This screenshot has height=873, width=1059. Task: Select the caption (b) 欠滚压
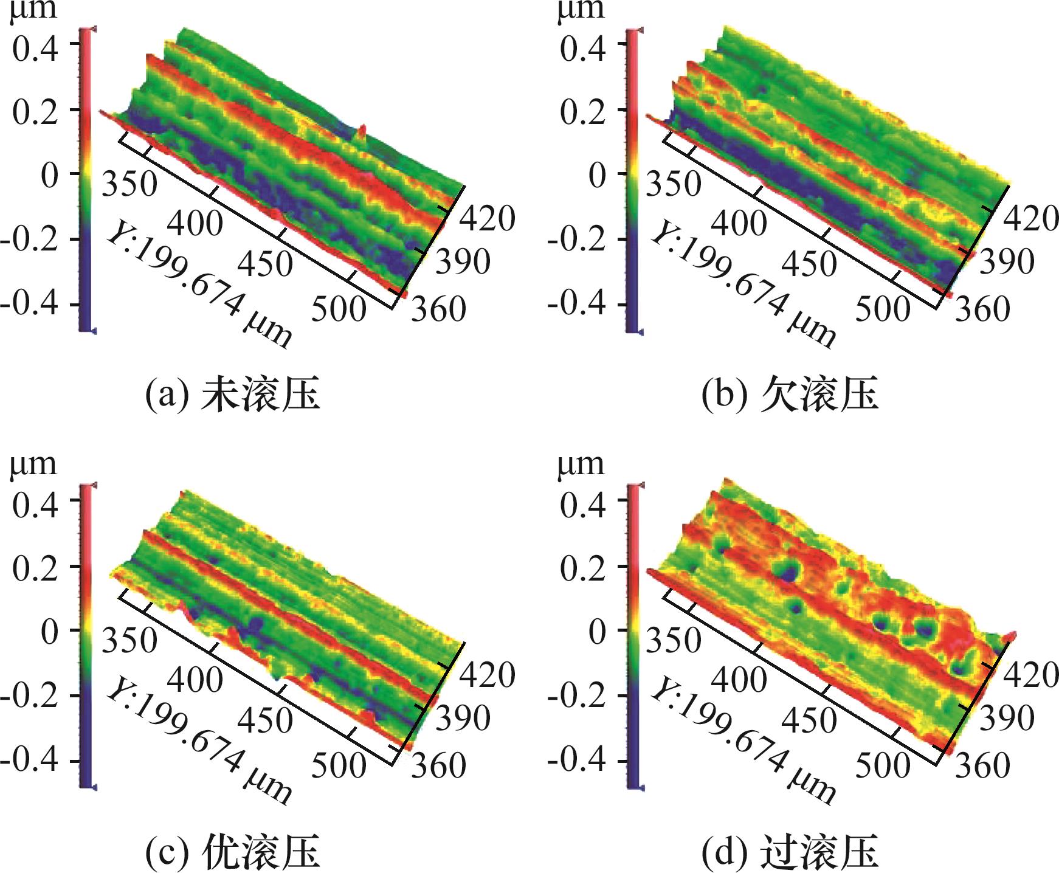[789, 395]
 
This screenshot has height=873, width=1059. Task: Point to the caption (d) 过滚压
[789, 851]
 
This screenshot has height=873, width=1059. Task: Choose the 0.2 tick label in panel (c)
[35, 568]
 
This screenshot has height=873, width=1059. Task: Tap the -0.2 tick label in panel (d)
[576, 695]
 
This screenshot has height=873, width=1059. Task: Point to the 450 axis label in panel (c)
[265, 719]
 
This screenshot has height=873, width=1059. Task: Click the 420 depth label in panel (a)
[486, 218]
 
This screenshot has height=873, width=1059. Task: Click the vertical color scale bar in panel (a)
[86, 180]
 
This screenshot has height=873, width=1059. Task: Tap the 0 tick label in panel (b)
[597, 175]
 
